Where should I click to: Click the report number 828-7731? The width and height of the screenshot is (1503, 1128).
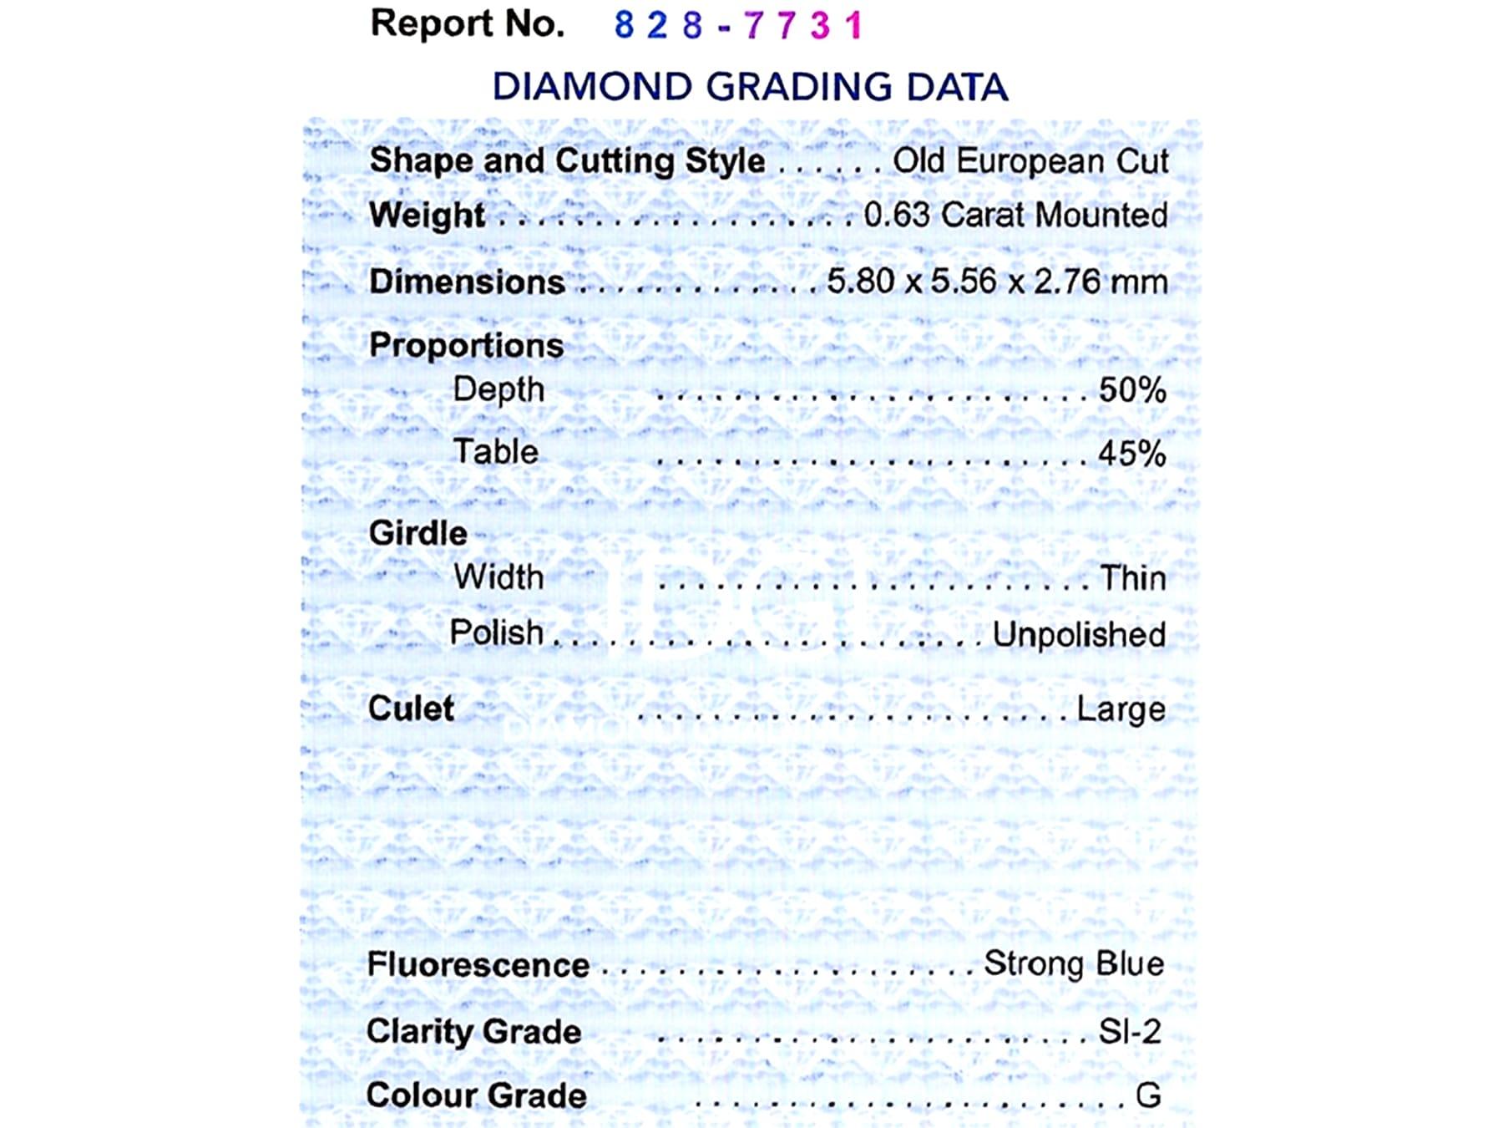tap(738, 25)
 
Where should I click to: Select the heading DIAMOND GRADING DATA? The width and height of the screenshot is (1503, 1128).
tap(750, 87)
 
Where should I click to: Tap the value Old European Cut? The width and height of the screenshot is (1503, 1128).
tap(1030, 161)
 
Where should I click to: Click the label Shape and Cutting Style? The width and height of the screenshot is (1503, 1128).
tap(567, 160)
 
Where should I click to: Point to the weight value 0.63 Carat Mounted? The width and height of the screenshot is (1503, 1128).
tap(1015, 216)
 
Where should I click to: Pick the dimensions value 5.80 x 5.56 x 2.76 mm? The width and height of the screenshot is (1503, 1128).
tap(997, 282)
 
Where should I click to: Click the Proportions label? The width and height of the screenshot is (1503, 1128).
tap(466, 345)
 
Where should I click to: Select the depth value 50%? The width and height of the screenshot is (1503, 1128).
tap(1132, 389)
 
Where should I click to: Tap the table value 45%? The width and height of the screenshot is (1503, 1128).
tap(1132, 454)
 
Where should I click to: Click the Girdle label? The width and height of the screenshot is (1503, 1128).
tap(417, 533)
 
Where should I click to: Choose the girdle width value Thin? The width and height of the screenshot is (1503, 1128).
tap(1132, 578)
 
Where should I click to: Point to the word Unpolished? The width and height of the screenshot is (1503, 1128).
tap(1079, 635)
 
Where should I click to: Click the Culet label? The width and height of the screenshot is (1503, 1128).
tap(411, 709)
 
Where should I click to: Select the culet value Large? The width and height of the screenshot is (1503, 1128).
tap(1121, 709)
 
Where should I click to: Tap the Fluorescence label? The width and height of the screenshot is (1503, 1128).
tap(478, 965)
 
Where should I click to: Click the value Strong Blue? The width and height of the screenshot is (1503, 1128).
tap(1074, 963)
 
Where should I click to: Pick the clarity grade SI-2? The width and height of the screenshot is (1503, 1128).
tap(1130, 1031)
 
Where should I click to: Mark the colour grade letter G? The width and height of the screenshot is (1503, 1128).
tap(1148, 1095)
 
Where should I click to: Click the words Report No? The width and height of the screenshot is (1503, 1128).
tap(467, 23)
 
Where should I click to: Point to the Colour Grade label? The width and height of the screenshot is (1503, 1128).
tap(476, 1095)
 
